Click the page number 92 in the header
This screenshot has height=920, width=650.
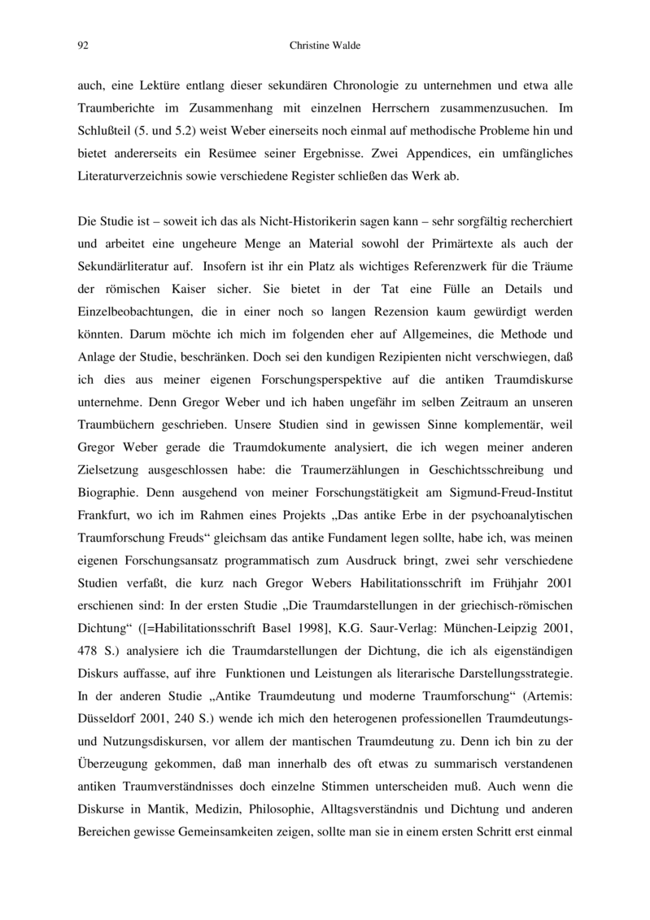point(82,46)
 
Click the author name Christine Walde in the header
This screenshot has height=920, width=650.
point(325,46)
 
